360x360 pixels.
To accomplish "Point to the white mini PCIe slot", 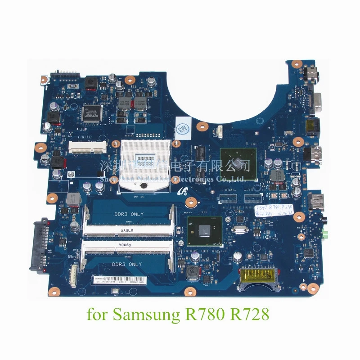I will click(85, 145).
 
